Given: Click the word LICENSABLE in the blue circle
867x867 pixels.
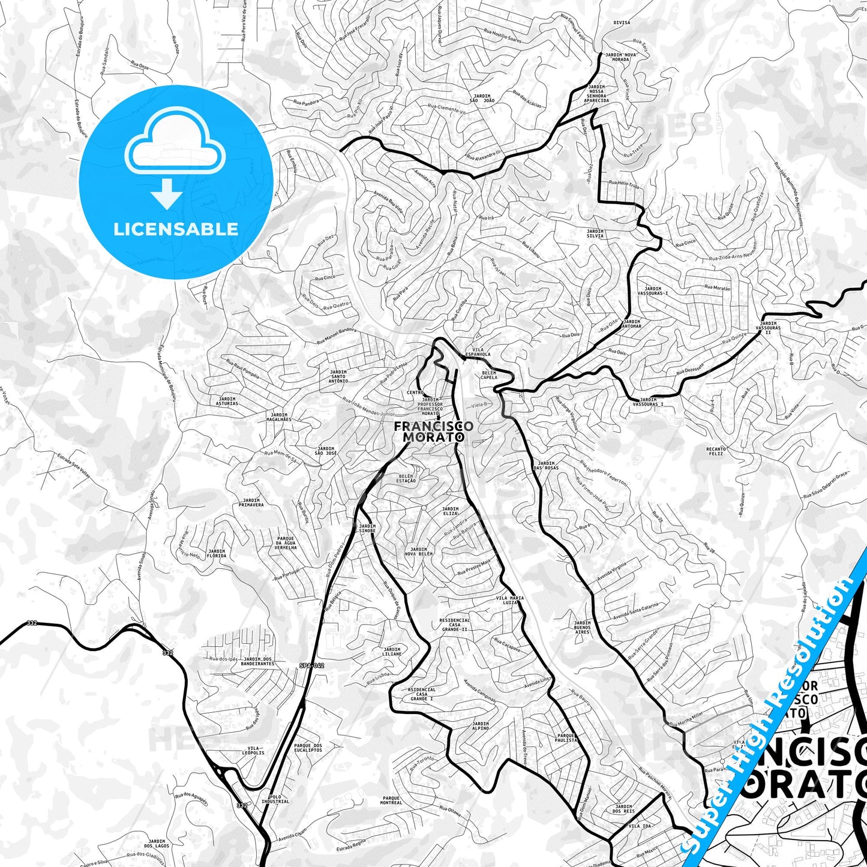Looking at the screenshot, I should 176,229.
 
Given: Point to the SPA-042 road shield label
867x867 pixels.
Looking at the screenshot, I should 311,665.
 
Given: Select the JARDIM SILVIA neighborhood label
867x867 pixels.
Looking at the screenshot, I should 595,233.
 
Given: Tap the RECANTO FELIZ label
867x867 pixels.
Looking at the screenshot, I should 716,451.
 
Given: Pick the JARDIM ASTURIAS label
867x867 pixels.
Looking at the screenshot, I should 227,401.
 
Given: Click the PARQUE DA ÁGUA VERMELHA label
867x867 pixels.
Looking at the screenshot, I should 286,543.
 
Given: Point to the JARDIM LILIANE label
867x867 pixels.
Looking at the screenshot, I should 392,652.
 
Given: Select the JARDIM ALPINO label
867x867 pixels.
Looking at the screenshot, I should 481,727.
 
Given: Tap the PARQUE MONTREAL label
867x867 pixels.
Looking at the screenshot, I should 391,800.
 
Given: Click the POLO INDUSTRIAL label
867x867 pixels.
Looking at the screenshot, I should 275,799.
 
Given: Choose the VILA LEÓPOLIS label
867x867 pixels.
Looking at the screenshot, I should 253,750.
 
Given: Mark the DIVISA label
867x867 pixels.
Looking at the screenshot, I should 622,23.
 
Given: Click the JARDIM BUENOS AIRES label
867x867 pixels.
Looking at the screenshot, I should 582,627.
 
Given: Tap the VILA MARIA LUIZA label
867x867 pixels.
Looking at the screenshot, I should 510,601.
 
